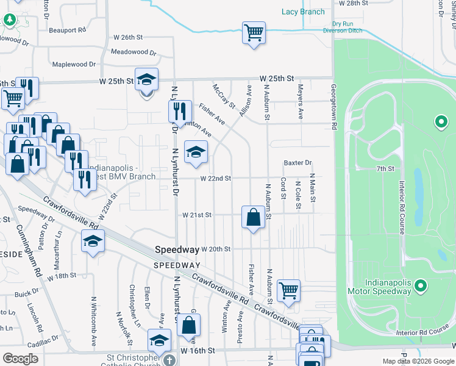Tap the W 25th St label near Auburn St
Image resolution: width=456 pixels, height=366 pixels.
pos(276,79)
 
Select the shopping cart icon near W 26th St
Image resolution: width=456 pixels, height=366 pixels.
pos(254,33)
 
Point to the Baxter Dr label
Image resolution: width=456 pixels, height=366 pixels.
pos(297,163)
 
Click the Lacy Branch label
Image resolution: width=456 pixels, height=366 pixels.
pos(303,12)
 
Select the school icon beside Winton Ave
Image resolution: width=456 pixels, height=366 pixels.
pos(196,152)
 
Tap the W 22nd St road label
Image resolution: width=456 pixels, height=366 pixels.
pos(216,178)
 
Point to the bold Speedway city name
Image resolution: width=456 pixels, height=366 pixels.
pos(177,249)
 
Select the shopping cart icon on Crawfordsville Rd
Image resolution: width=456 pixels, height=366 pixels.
pos(288,290)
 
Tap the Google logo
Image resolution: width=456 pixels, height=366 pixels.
pos(21,358)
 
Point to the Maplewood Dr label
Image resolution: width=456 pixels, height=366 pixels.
pos(74,64)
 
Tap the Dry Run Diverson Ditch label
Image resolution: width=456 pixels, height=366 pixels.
pos(342,27)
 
